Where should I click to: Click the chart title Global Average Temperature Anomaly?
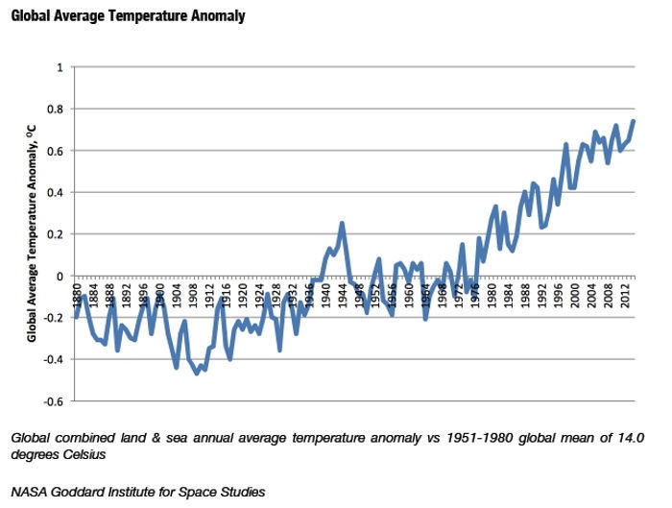[x=129, y=16]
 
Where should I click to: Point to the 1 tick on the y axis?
[x=60, y=68]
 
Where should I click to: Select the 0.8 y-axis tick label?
[x=56, y=109]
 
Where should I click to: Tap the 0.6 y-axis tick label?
[x=56, y=151]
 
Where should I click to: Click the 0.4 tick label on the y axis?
[x=56, y=192]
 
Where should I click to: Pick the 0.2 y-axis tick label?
[x=56, y=234]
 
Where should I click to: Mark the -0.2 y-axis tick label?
[x=54, y=317]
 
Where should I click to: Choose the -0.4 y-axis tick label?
[x=54, y=359]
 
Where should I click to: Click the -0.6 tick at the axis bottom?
[x=54, y=400]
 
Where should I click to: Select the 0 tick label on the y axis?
[x=60, y=276]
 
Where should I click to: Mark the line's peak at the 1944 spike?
[x=342, y=224]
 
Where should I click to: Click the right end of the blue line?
[x=634, y=121]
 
